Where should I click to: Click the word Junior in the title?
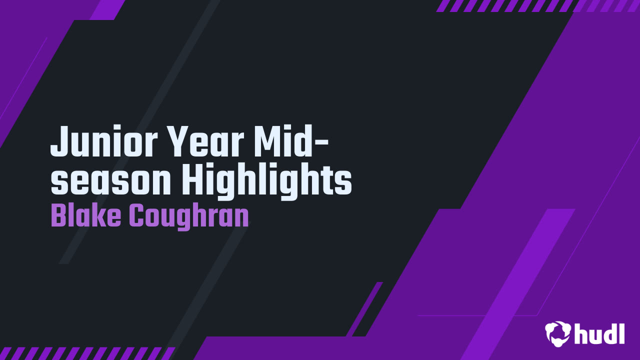pyautogui.click(x=104, y=141)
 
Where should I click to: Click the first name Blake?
pyautogui.click(x=85, y=215)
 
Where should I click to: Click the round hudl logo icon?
pyautogui.click(x=557, y=333)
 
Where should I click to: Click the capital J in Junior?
pyautogui.click(x=60, y=141)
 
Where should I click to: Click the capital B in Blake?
pyautogui.click(x=59, y=215)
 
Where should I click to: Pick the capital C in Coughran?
pyautogui.click(x=137, y=215)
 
